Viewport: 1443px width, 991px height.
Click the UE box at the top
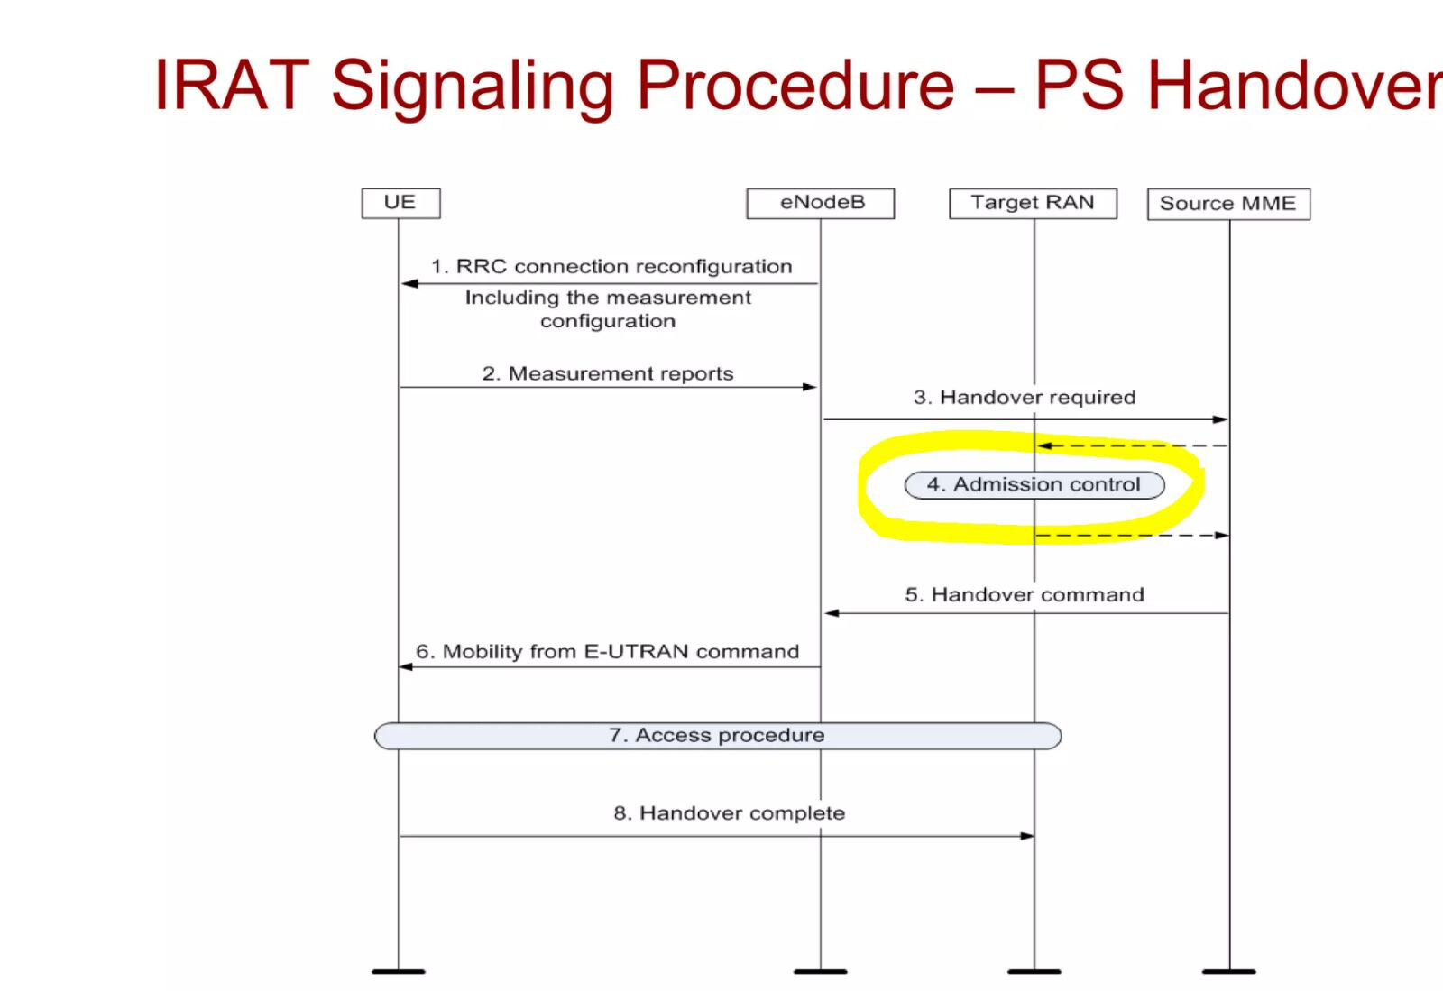pyautogui.click(x=400, y=204)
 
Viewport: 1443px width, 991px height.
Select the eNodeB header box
pyautogui.click(x=820, y=204)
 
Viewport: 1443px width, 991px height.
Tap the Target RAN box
pyautogui.click(x=1033, y=204)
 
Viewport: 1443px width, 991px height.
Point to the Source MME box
pyautogui.click(x=1228, y=204)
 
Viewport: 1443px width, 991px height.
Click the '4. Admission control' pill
pyautogui.click(x=1034, y=485)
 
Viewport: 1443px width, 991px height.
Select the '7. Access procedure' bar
pyautogui.click(x=718, y=736)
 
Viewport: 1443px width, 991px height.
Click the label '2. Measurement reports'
pyautogui.click(x=608, y=373)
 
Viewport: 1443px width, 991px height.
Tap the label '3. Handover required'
pyautogui.click(x=1025, y=398)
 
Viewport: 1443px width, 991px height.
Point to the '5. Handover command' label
pyautogui.click(x=1025, y=594)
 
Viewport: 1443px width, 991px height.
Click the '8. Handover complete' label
pyautogui.click(x=730, y=813)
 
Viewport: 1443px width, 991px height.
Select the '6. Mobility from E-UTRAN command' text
pyautogui.click(x=608, y=652)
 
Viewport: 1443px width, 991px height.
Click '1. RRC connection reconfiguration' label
pyautogui.click(x=611, y=267)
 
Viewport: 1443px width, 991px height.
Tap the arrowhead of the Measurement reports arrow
pyautogui.click(x=810, y=387)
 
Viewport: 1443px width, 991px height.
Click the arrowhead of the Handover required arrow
pyautogui.click(x=1219, y=420)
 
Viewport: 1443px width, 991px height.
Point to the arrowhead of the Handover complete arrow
pyautogui.click(x=1027, y=837)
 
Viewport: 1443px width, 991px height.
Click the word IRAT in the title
pyautogui.click(x=232, y=85)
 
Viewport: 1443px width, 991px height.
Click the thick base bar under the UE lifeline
pyautogui.click(x=398, y=972)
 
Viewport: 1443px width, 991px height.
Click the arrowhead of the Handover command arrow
pyautogui.click(x=832, y=613)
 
